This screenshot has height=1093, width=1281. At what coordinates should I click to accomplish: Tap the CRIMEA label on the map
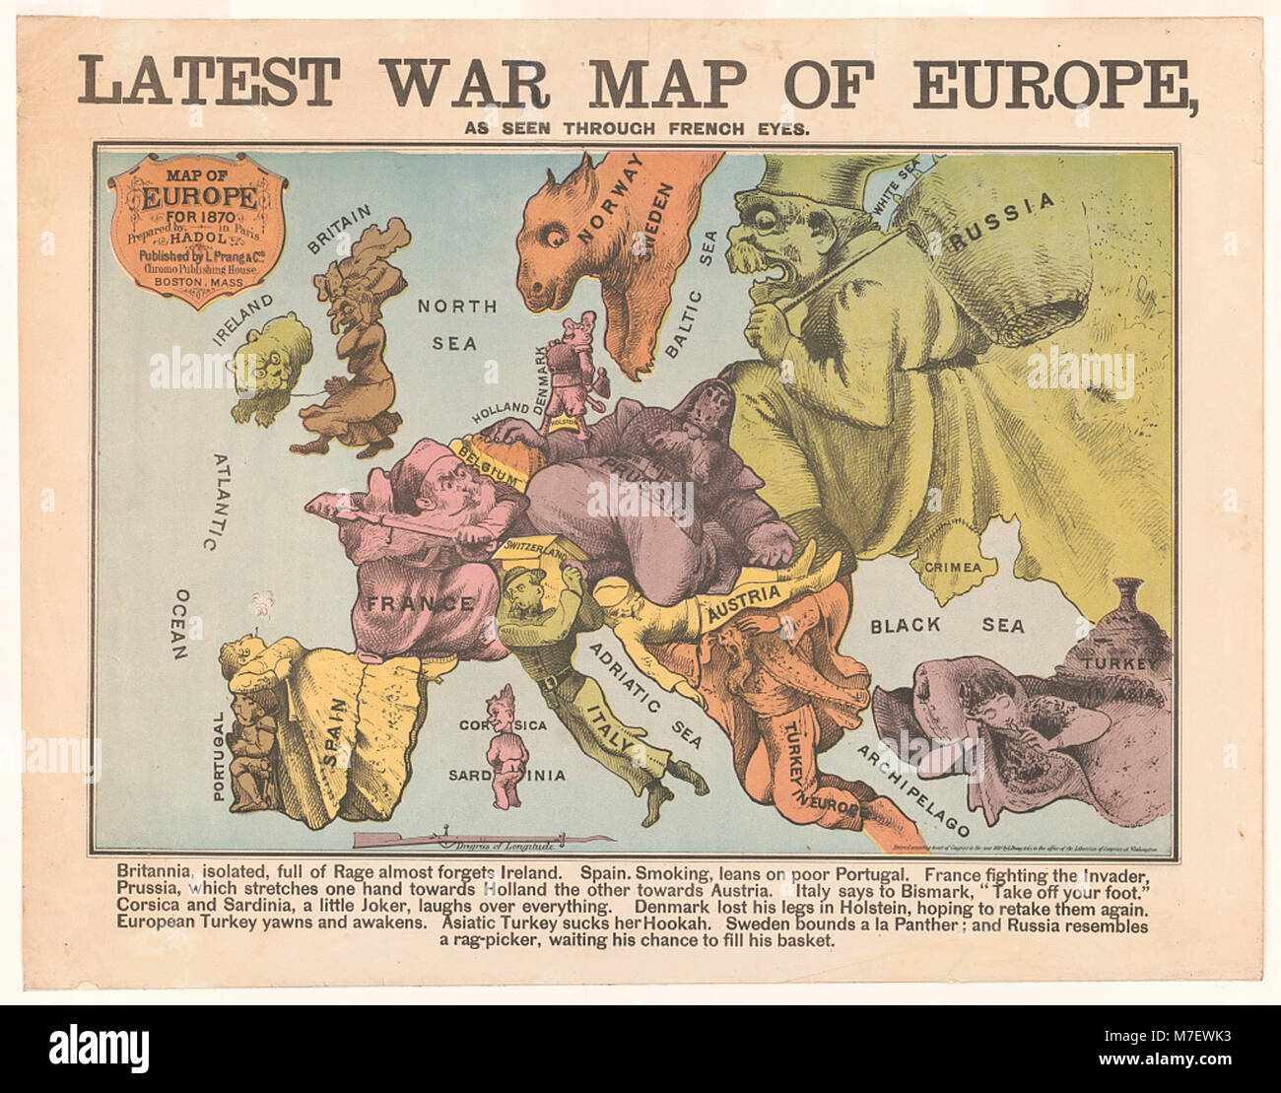[952, 567]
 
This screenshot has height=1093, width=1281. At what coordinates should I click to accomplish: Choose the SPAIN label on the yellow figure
[333, 733]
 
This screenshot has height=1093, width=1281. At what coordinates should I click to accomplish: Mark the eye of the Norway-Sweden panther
[554, 235]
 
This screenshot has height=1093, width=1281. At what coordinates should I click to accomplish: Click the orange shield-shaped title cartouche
[198, 229]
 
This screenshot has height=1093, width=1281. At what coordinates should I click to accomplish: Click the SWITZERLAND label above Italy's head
[534, 550]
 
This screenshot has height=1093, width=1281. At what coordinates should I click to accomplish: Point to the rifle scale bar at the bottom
[483, 841]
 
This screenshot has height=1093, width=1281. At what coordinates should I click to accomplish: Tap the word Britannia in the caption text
[163, 872]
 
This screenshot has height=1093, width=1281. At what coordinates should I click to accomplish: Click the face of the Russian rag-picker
[778, 237]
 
